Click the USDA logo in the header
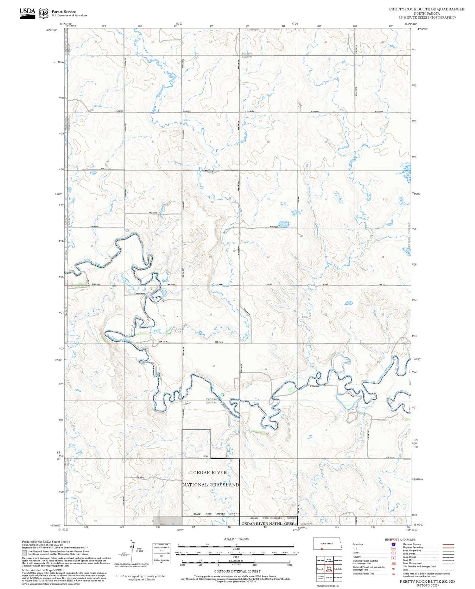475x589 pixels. click(x=28, y=13)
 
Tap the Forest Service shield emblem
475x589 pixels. click(x=43, y=13)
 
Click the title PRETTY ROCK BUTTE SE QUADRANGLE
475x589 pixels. click(x=427, y=9)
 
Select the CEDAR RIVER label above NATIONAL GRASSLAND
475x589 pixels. click(x=210, y=473)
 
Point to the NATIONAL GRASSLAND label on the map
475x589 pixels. click(x=211, y=485)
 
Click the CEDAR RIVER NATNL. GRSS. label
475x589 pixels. click(x=268, y=524)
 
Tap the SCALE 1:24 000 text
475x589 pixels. click(x=236, y=539)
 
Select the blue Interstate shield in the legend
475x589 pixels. click(x=393, y=544)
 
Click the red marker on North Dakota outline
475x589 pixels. click(x=321, y=549)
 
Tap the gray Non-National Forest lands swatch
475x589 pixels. click(x=24, y=553)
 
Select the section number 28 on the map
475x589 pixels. click(x=211, y=314)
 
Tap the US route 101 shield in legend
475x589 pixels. click(x=393, y=549)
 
